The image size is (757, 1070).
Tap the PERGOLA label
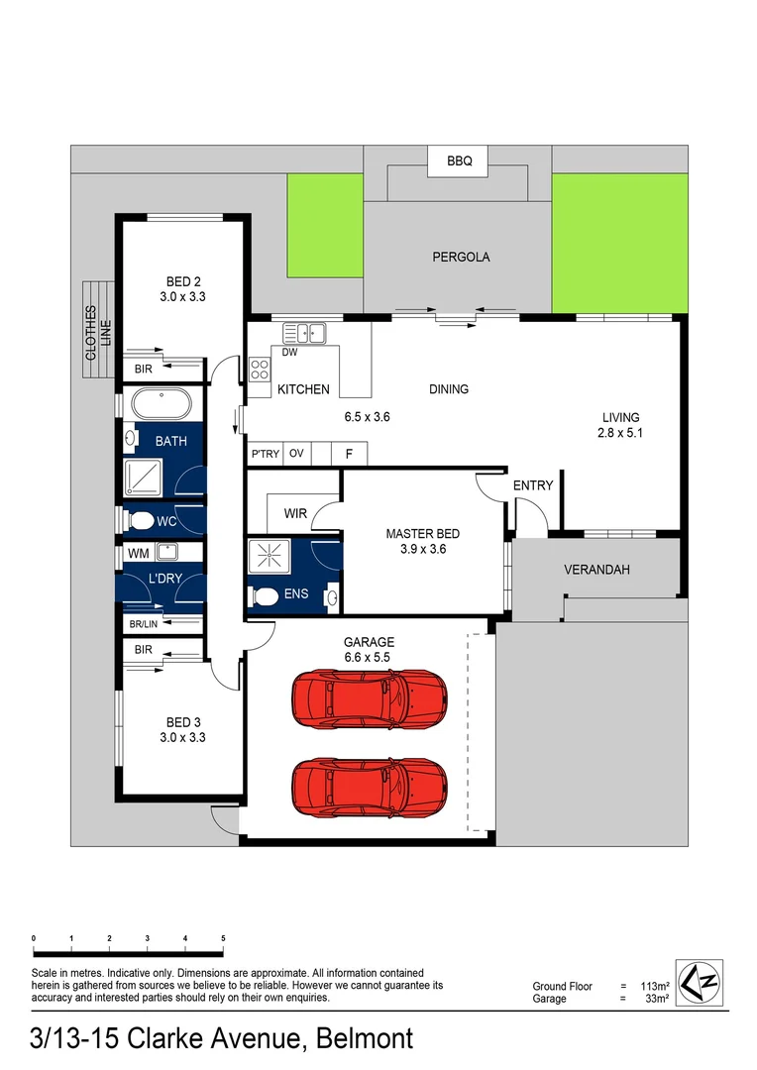pyautogui.click(x=461, y=257)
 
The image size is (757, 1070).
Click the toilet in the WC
pyautogui.click(x=142, y=520)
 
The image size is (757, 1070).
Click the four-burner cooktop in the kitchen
pyautogui.click(x=261, y=370)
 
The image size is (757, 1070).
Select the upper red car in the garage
pyautogui.click(x=369, y=701)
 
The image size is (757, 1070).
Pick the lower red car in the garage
pyautogui.click(x=369, y=787)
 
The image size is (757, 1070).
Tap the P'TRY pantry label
pyautogui.click(x=265, y=454)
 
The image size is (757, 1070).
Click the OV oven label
pyautogui.click(x=296, y=454)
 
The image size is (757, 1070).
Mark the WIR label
pyautogui.click(x=295, y=513)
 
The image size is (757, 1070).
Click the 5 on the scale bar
pyautogui.click(x=224, y=937)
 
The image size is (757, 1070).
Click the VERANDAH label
pyautogui.click(x=596, y=570)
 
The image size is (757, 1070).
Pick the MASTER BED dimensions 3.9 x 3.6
pyautogui.click(x=423, y=549)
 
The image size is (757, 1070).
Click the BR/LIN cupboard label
pyautogui.click(x=145, y=624)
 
